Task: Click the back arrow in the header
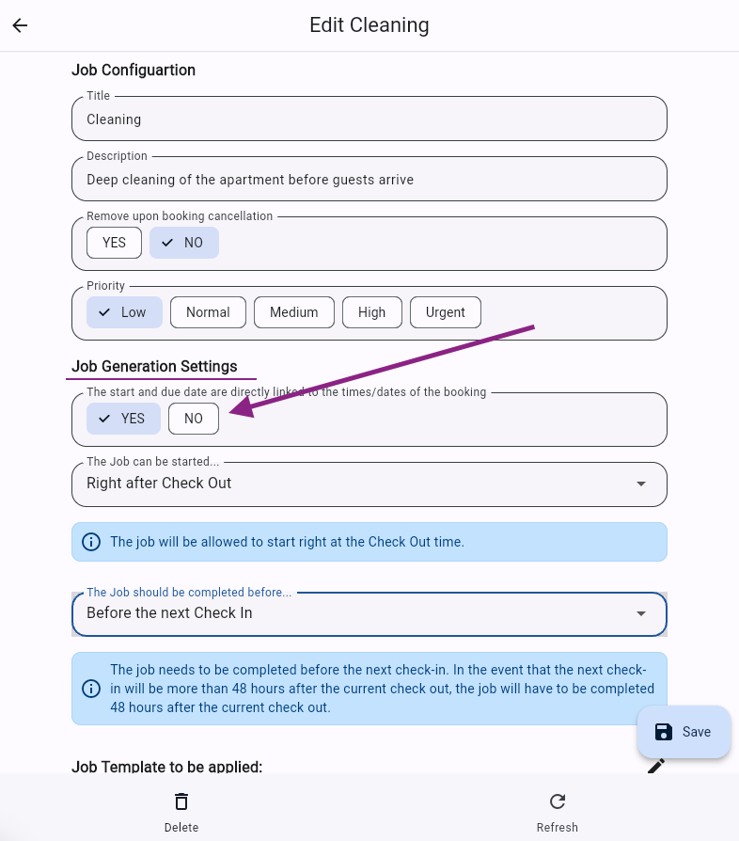[20, 25]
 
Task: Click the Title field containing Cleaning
[369, 119]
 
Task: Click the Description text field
[369, 179]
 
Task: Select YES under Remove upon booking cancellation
[114, 243]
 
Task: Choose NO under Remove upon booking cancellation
[184, 243]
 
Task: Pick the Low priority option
[124, 312]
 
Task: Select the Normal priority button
[208, 312]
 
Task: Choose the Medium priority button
[293, 312]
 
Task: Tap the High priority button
[371, 312]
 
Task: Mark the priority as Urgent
[445, 312]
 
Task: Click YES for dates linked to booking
[123, 419]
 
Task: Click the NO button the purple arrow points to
[194, 419]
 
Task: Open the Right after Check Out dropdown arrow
[641, 484]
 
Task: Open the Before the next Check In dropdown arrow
[641, 613]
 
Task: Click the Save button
[684, 732]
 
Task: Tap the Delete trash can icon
[181, 801]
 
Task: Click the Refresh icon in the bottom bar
[558, 801]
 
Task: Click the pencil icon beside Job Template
[656, 766]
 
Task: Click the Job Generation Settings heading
[154, 367]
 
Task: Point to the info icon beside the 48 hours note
[91, 689]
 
